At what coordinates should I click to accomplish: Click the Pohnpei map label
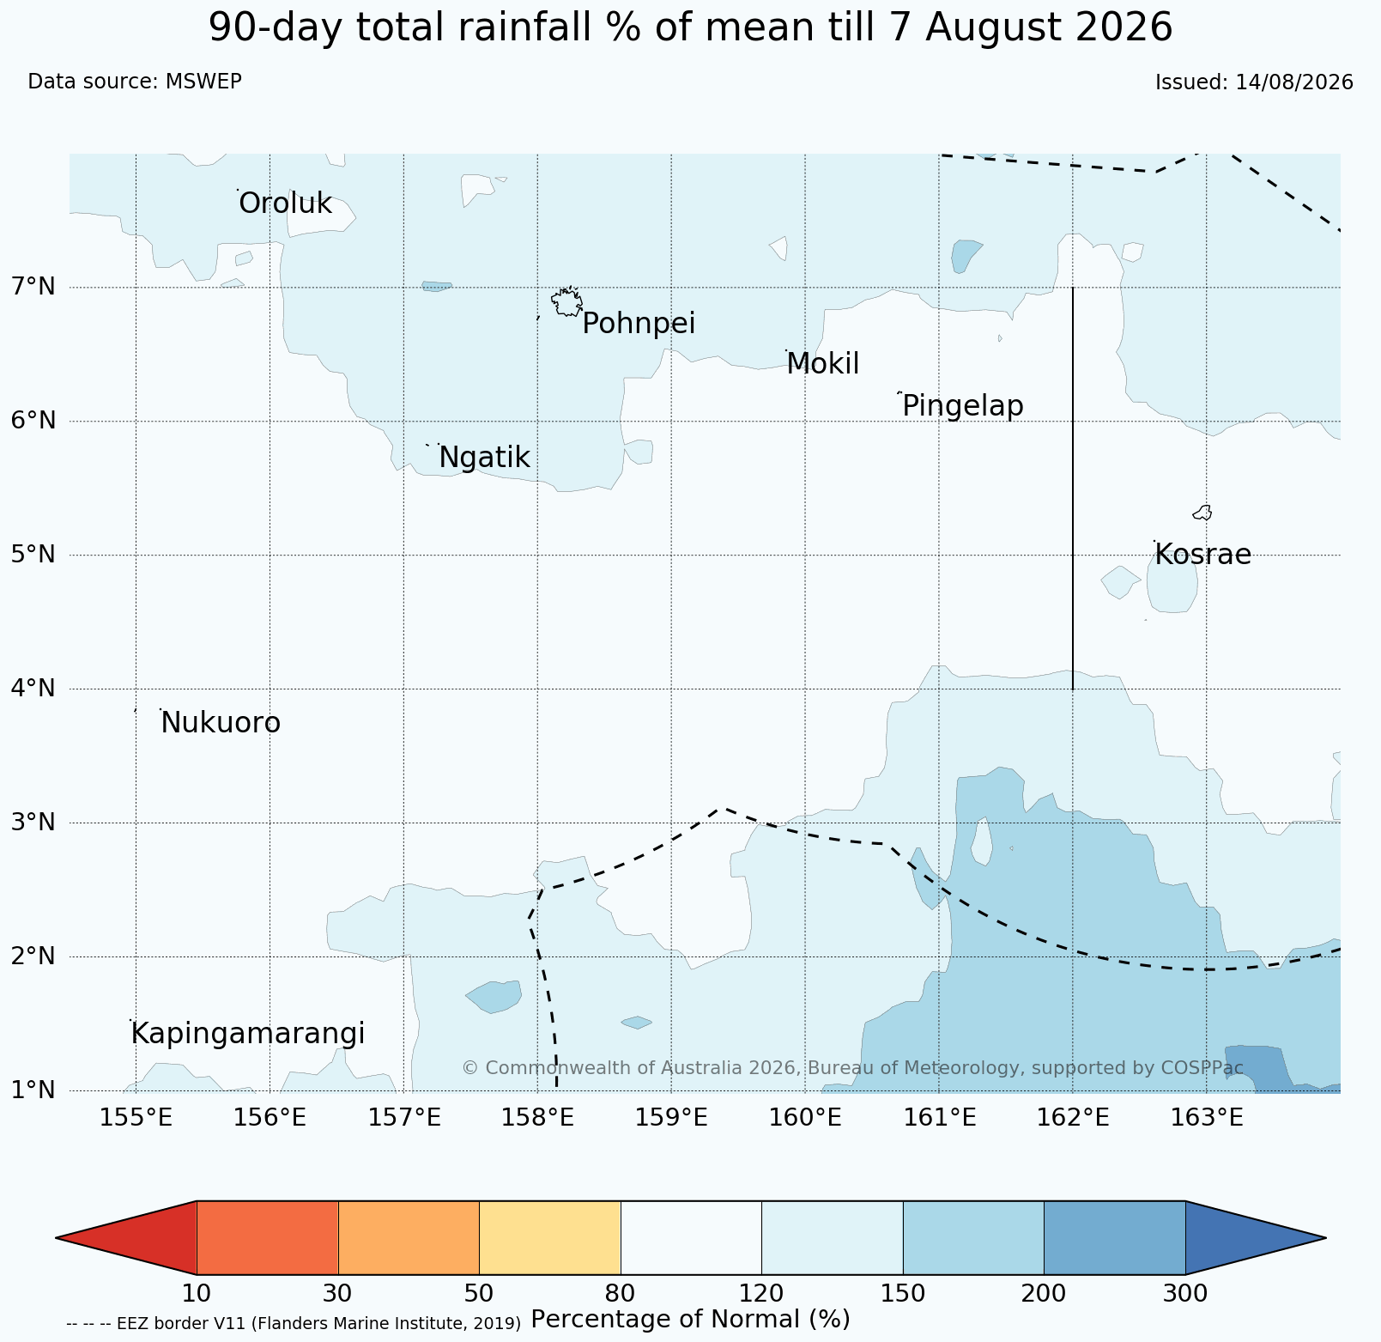click(x=639, y=324)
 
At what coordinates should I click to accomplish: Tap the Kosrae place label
click(x=1202, y=555)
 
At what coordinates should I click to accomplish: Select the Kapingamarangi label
click(x=248, y=1034)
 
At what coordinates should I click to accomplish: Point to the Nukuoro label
click(x=221, y=723)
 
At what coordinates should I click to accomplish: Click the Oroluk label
click(x=285, y=203)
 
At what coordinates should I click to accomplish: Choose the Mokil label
click(x=823, y=364)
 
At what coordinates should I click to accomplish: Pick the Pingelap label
click(x=963, y=405)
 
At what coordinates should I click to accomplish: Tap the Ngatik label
click(x=484, y=458)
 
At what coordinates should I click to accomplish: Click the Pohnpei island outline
click(x=566, y=301)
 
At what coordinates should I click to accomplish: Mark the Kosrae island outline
click(x=1202, y=513)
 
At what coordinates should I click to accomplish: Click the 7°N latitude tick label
click(x=33, y=287)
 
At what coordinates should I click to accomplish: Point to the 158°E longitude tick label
click(x=537, y=1118)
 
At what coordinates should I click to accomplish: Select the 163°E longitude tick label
click(x=1207, y=1118)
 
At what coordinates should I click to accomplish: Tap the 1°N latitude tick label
click(x=33, y=1090)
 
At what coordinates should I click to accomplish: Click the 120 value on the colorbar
click(x=761, y=1293)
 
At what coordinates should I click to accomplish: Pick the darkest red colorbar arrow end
click(x=126, y=1237)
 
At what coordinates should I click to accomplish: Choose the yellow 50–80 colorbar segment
click(x=550, y=1237)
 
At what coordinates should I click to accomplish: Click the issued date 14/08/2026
click(x=1294, y=82)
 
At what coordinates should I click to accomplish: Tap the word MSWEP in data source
click(x=203, y=82)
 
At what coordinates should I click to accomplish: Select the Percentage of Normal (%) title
click(x=690, y=1319)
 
